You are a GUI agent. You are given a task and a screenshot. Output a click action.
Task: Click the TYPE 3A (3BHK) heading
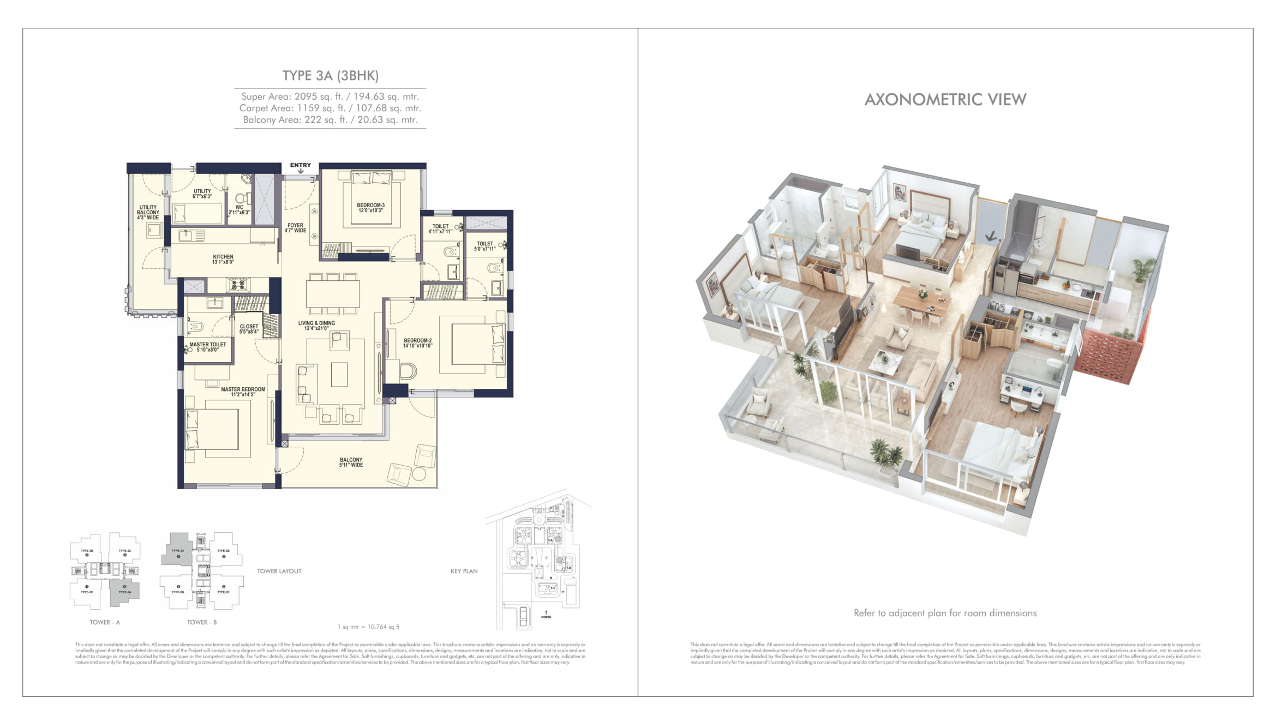pos(330,76)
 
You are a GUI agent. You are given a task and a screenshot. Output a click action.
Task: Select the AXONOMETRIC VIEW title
pos(945,100)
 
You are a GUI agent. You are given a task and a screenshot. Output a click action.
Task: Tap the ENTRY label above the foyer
pos(300,165)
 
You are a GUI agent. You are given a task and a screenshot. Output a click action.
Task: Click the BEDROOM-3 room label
pos(370,208)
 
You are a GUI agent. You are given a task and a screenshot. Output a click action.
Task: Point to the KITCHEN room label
pos(223,259)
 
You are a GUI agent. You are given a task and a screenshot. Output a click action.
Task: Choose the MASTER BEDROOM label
pos(243,392)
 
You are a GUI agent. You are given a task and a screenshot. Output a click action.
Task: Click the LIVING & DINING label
pos(316,326)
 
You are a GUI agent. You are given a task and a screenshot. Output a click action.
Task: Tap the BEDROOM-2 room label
pos(417,343)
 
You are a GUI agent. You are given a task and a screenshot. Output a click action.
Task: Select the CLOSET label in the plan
pos(249,329)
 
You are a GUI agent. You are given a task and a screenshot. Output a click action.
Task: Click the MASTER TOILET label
pos(207,347)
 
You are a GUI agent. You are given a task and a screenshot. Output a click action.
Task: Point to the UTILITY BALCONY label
pos(148,212)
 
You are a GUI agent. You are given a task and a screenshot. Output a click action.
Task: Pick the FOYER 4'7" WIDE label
pos(295,227)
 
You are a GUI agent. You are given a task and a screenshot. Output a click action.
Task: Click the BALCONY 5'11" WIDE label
pos(351,462)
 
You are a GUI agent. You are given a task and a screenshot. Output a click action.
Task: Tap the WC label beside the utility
pos(239,209)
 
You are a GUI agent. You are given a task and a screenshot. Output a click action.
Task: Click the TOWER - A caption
pos(105,622)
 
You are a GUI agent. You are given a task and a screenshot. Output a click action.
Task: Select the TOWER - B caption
pos(202,622)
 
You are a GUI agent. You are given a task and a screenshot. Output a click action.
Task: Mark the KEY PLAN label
pos(464,571)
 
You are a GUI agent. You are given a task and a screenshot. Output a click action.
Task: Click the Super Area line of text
pos(330,97)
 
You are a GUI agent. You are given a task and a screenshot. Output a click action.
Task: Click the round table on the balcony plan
pos(419,473)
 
